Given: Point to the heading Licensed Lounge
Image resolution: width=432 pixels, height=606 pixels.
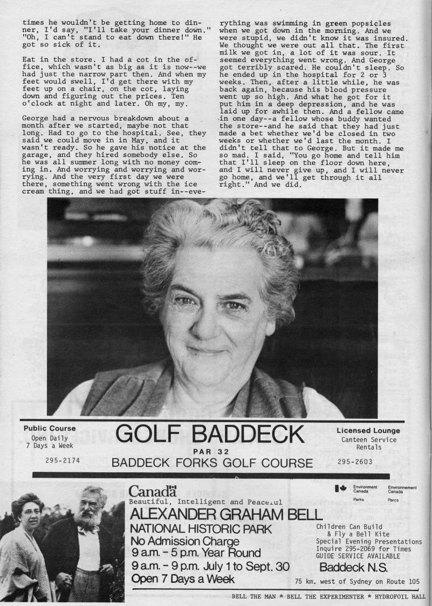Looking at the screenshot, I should coord(368,430).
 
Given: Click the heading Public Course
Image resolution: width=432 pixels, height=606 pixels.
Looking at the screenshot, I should coord(50,429).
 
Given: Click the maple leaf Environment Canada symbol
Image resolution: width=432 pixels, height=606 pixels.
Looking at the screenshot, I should coord(340,488).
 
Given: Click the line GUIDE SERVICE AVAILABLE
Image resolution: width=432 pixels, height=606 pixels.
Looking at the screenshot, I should coord(358,555).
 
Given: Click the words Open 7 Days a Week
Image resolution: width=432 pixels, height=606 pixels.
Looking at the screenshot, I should coord(183,579).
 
